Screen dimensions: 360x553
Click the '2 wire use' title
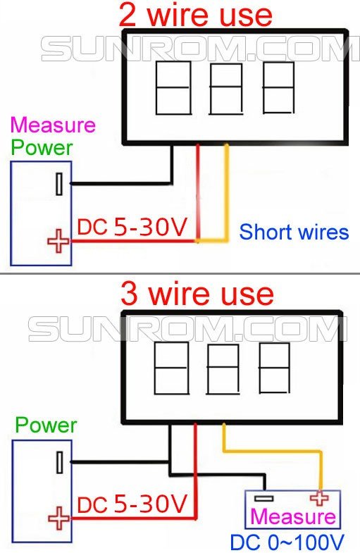(196, 15)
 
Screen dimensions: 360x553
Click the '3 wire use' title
(197, 294)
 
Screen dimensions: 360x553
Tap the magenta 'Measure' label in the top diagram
(54, 125)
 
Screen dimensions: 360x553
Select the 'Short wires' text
(294, 232)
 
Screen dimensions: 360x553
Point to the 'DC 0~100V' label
(287, 542)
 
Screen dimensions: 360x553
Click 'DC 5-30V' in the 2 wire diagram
(132, 227)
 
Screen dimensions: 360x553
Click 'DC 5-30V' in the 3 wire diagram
(132, 504)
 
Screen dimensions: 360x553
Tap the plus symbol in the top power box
(58, 241)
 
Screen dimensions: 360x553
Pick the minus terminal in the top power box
(60, 184)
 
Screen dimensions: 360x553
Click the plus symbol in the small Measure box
(319, 498)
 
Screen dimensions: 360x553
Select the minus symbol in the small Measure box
(263, 499)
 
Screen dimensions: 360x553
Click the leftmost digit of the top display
(173, 88)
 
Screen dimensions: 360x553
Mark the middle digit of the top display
(226, 89)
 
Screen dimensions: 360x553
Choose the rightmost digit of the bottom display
(274, 368)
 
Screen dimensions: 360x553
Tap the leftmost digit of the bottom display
(171, 368)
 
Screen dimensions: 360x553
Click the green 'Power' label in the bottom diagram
(46, 425)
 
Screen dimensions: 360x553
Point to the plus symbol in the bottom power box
(59, 518)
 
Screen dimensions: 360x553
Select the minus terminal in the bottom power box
(60, 462)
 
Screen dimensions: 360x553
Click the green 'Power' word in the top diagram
(42, 147)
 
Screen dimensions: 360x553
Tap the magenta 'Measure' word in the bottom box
(292, 516)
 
